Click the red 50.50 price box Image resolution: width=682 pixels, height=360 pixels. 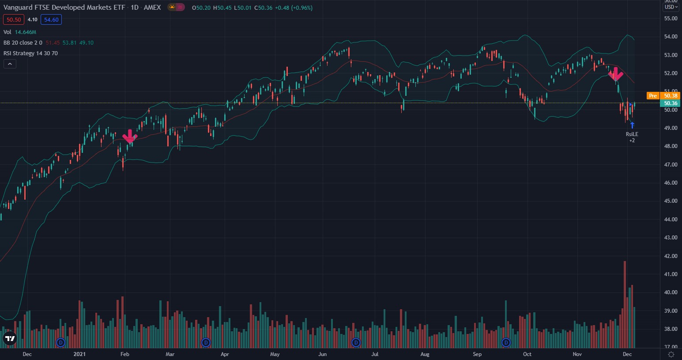(x=14, y=19)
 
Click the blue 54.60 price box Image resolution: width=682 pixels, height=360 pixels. (x=51, y=19)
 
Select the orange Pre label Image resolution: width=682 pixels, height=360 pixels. (x=652, y=96)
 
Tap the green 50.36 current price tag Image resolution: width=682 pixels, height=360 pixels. (x=670, y=103)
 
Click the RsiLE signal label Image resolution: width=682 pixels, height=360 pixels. (x=632, y=134)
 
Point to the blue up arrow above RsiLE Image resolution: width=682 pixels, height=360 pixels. (x=632, y=125)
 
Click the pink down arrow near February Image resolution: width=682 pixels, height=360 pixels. (x=129, y=136)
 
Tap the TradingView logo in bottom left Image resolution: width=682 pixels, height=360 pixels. (x=9, y=339)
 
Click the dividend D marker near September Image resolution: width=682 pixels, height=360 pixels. (x=506, y=342)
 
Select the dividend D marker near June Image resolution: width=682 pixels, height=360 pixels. (x=356, y=342)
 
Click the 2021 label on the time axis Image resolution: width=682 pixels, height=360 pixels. (x=79, y=354)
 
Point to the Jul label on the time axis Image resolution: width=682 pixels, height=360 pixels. (x=375, y=354)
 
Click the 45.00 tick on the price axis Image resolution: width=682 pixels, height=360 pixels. (x=670, y=201)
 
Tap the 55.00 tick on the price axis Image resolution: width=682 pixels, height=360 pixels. (x=670, y=19)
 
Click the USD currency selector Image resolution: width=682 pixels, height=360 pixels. (x=670, y=7)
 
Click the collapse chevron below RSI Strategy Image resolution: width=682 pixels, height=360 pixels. (x=10, y=64)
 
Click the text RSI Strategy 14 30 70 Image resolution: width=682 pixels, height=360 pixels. (x=30, y=53)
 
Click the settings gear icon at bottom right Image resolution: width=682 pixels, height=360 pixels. (x=671, y=354)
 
